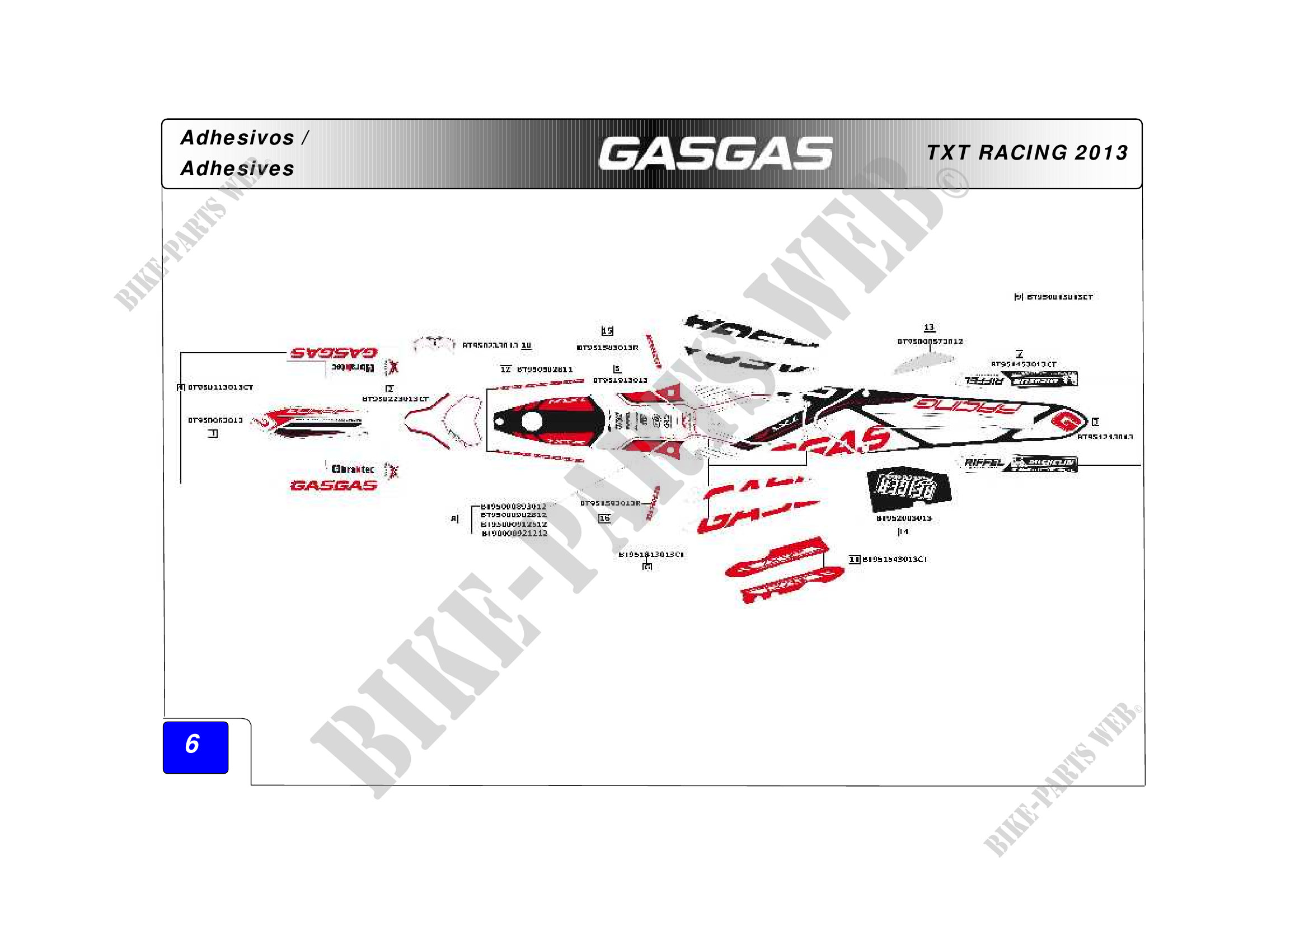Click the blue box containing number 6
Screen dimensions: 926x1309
click(x=195, y=747)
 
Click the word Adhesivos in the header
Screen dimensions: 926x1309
click(x=238, y=138)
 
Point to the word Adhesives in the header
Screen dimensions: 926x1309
click(x=238, y=169)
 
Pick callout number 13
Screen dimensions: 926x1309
click(x=930, y=328)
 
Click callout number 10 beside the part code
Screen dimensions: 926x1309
click(x=526, y=345)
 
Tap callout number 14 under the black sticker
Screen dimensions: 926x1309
click(x=903, y=531)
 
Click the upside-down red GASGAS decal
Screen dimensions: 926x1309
click(x=334, y=353)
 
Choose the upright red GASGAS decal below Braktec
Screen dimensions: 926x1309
click(x=334, y=486)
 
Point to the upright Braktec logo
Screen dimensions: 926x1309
click(x=353, y=469)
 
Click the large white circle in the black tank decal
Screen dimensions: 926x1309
click(x=531, y=422)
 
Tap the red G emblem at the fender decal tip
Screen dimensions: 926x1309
click(x=1065, y=422)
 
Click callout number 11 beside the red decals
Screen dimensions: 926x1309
click(x=854, y=559)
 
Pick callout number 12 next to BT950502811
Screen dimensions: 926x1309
click(x=506, y=370)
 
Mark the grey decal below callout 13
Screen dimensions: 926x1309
click(x=923, y=363)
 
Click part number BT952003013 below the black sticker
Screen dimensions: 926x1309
click(x=904, y=518)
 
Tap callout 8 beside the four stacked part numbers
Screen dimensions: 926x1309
click(x=454, y=519)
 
